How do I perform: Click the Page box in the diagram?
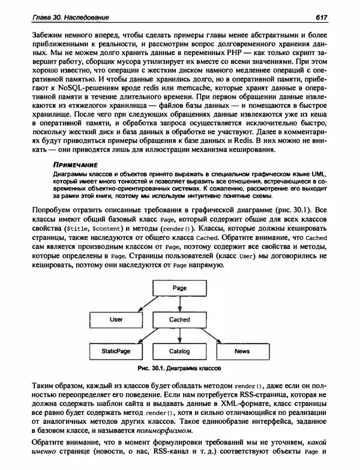(x=179, y=288)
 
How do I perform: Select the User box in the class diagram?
(x=116, y=320)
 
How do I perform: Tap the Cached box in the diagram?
(x=179, y=320)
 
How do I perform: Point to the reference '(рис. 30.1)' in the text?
(x=298, y=209)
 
